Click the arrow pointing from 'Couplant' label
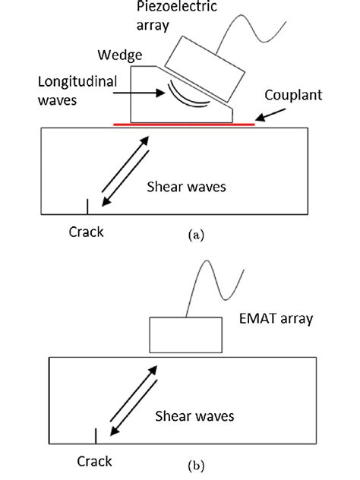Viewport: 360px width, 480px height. point(271,114)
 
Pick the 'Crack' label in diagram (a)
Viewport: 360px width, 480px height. point(86,232)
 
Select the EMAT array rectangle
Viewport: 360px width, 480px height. point(184,333)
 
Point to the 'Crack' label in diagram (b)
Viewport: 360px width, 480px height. point(95,461)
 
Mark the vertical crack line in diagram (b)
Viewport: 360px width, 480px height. point(96,436)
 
